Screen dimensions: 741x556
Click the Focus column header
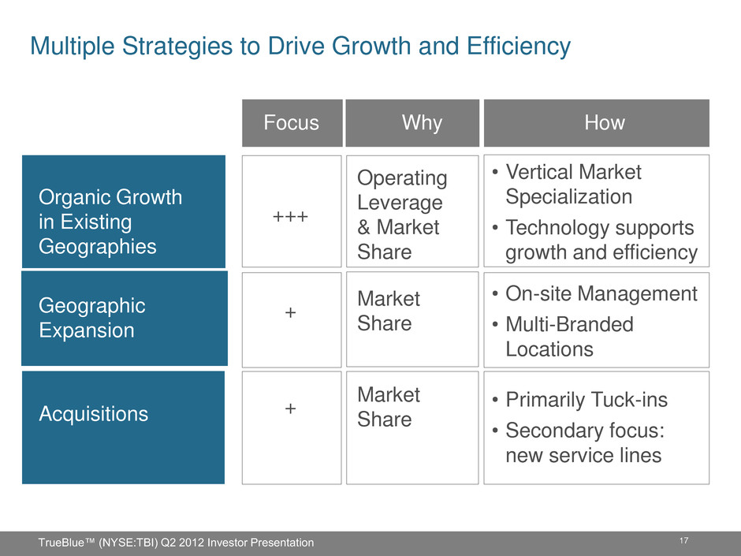pyautogui.click(x=291, y=122)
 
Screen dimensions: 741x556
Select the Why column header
pyautogui.click(x=422, y=123)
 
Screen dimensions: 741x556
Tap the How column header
pyautogui.click(x=605, y=122)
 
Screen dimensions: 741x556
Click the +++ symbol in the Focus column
pyautogui.click(x=291, y=217)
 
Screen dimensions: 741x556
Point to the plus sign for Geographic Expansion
pyautogui.click(x=291, y=312)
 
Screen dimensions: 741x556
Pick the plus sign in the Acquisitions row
pyautogui.click(x=291, y=409)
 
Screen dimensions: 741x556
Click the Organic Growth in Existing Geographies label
pyautogui.click(x=110, y=222)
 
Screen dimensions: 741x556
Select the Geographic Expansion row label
pyautogui.click(x=92, y=318)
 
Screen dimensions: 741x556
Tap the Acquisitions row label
pyautogui.click(x=94, y=414)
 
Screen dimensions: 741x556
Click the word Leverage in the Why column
pyautogui.click(x=400, y=203)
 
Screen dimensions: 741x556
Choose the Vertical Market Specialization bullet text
pyautogui.click(x=573, y=185)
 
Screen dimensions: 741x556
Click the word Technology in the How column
pyautogui.click(x=553, y=228)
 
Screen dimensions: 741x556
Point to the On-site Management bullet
pyautogui.click(x=601, y=293)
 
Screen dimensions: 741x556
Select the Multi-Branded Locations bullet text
pyautogui.click(x=569, y=337)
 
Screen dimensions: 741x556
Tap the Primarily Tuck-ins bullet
pyautogui.click(x=586, y=400)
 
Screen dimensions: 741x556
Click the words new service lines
pyautogui.click(x=583, y=455)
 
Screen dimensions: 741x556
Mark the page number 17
pyautogui.click(x=683, y=540)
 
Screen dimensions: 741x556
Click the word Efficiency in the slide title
pyautogui.click(x=519, y=47)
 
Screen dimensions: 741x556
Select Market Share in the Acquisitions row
pyautogui.click(x=389, y=407)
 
